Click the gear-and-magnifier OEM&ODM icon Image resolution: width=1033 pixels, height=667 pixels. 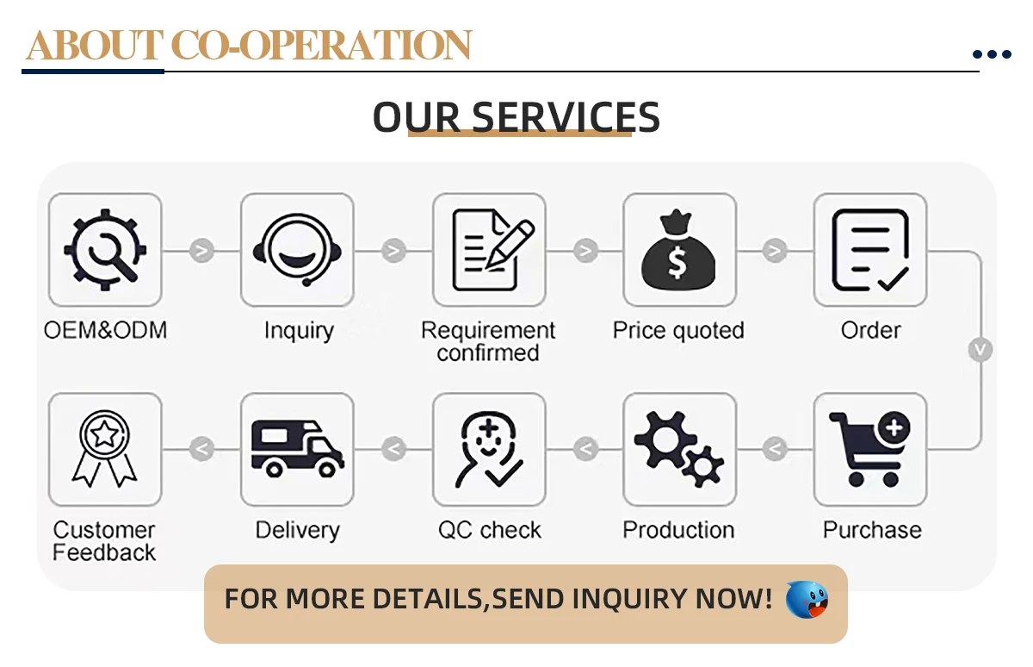point(105,250)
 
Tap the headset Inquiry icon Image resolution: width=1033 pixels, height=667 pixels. point(297,250)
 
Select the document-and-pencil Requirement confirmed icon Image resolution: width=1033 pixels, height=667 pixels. point(489,250)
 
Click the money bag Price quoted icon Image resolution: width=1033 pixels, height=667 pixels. point(679,250)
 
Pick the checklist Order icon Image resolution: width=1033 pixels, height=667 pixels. point(870,250)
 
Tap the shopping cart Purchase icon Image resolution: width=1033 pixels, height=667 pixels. point(870,449)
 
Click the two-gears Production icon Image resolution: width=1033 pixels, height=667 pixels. point(679,449)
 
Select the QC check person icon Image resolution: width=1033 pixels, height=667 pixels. point(489,449)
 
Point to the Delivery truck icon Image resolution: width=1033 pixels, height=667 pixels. point(297,449)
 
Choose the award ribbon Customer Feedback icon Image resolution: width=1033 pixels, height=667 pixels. point(105,449)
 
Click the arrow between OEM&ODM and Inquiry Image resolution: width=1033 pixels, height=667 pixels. point(201,251)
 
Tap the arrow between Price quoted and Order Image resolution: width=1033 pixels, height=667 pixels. point(775,251)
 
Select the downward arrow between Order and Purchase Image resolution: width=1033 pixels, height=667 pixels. point(980,350)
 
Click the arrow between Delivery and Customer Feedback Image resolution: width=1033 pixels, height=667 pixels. point(201,449)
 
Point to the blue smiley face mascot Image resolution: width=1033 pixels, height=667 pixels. point(807,599)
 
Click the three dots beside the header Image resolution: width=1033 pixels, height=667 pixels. point(992,54)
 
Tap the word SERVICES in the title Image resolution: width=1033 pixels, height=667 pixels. point(566,117)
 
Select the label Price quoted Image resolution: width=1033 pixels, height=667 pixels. point(678,331)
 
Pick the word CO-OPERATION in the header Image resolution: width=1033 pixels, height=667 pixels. point(321,46)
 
